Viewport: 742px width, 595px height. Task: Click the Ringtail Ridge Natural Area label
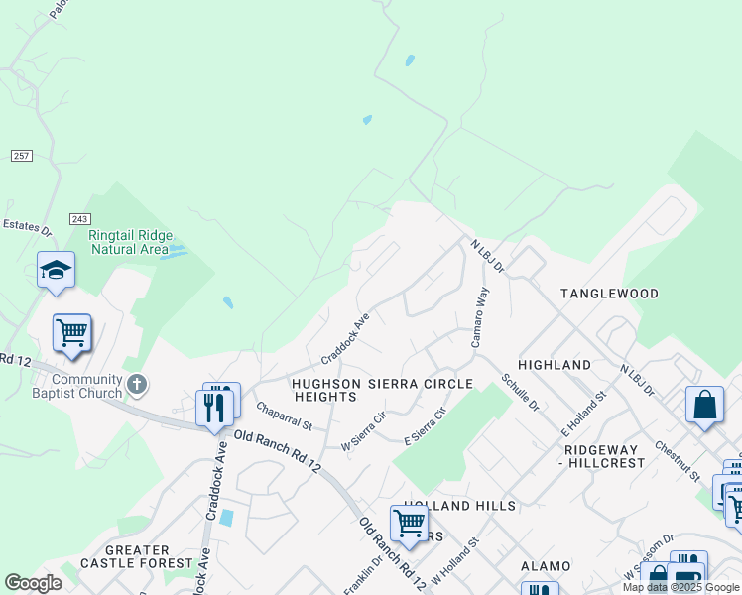click(x=130, y=242)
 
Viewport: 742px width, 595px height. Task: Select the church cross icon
click(x=138, y=383)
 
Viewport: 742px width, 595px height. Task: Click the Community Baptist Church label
click(x=87, y=387)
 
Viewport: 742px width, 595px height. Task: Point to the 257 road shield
click(x=22, y=157)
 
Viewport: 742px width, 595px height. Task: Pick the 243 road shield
click(x=81, y=218)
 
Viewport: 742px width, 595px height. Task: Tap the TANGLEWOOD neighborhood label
click(x=609, y=295)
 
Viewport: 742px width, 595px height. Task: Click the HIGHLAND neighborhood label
click(x=555, y=365)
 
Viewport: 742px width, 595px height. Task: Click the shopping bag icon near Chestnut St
click(x=704, y=405)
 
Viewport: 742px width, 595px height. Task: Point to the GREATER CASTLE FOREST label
click(x=124, y=556)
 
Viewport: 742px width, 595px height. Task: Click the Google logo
click(x=33, y=583)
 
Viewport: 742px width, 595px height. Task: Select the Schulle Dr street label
click(x=520, y=393)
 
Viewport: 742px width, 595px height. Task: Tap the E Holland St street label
click(x=582, y=416)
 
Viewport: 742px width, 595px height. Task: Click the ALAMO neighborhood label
click(x=547, y=566)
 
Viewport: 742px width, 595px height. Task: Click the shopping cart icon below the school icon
click(x=71, y=333)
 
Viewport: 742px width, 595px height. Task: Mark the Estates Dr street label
click(x=26, y=228)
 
